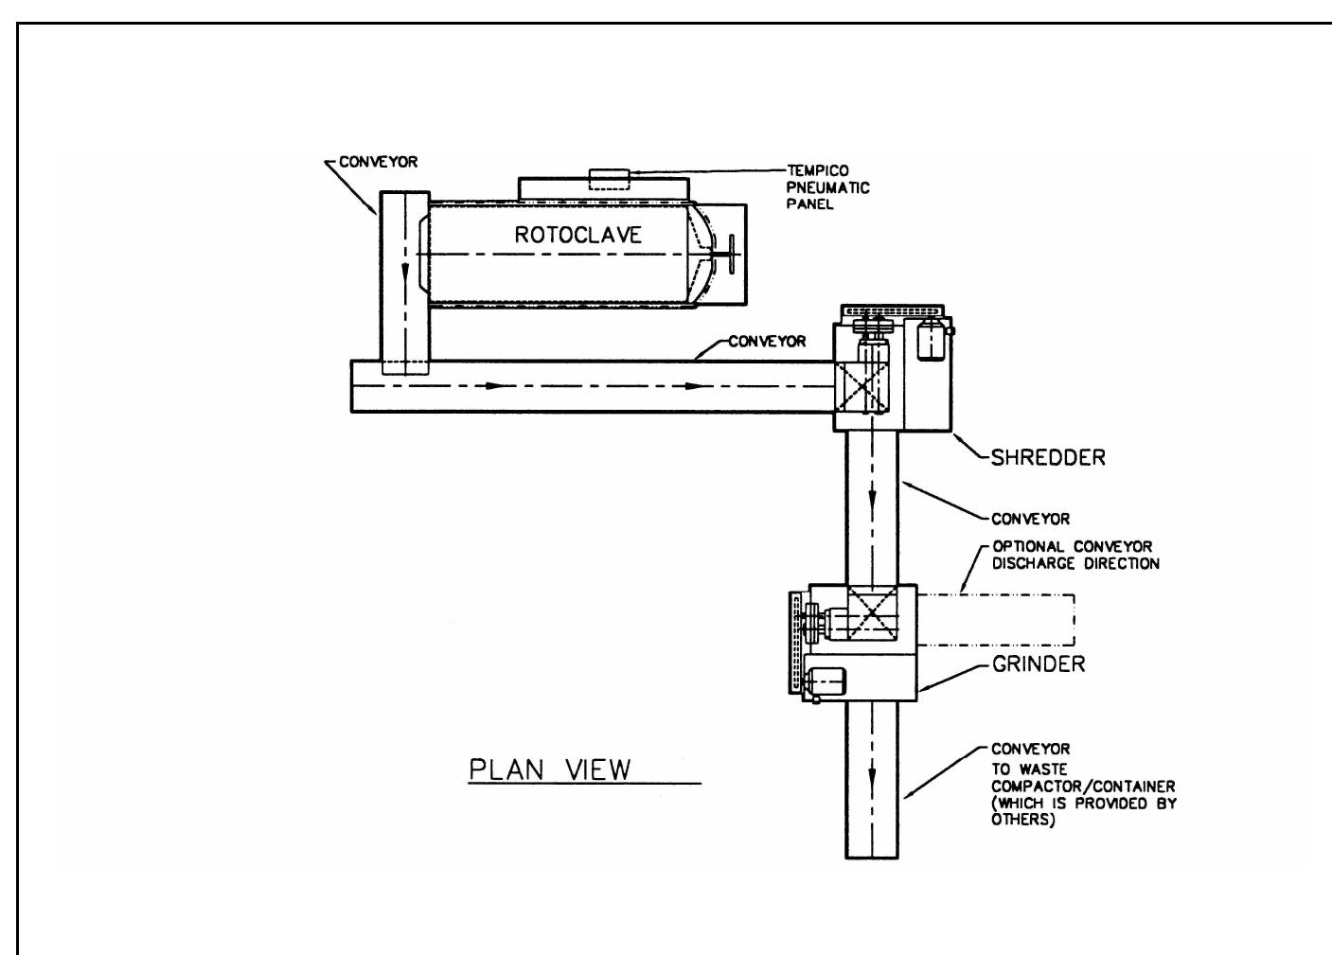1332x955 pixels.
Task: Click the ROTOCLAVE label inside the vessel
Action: pyautogui.click(x=577, y=235)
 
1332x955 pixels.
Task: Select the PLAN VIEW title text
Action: pyautogui.click(x=549, y=769)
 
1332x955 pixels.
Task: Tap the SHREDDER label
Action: pyautogui.click(x=1047, y=458)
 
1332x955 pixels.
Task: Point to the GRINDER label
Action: pyautogui.click(x=1039, y=663)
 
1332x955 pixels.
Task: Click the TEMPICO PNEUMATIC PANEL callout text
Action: pyautogui.click(x=827, y=187)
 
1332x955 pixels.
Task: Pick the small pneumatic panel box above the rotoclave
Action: pyautogui.click(x=609, y=178)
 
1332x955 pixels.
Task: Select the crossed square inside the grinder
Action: pyautogui.click(x=869, y=616)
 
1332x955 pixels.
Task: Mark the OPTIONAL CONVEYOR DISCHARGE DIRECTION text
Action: pyautogui.click(x=1074, y=556)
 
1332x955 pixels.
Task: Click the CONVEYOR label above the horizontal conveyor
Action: pyautogui.click(x=766, y=342)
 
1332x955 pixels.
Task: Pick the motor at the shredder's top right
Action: pyautogui.click(x=932, y=339)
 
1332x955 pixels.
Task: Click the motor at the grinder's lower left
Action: pyautogui.click(x=827, y=682)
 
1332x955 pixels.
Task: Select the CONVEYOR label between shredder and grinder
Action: pyautogui.click(x=1030, y=519)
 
